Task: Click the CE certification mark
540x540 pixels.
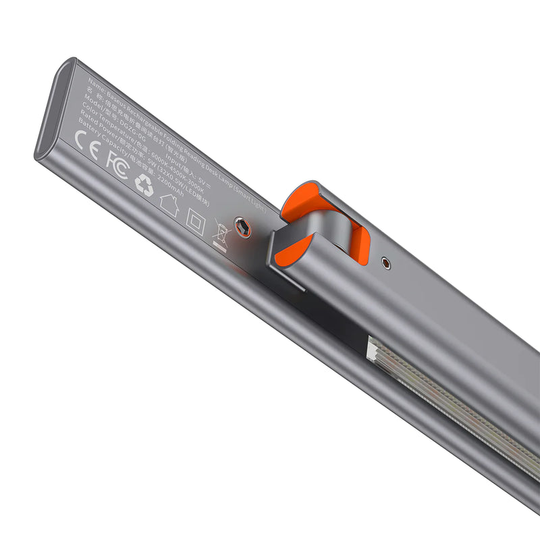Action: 87,142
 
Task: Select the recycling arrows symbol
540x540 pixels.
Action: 144,185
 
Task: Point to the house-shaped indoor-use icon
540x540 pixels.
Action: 169,203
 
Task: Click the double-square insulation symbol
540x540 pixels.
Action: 195,221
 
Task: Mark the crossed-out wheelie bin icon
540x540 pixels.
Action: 221,233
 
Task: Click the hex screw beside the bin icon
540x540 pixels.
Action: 242,228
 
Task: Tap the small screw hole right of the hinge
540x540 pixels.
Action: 385,263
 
